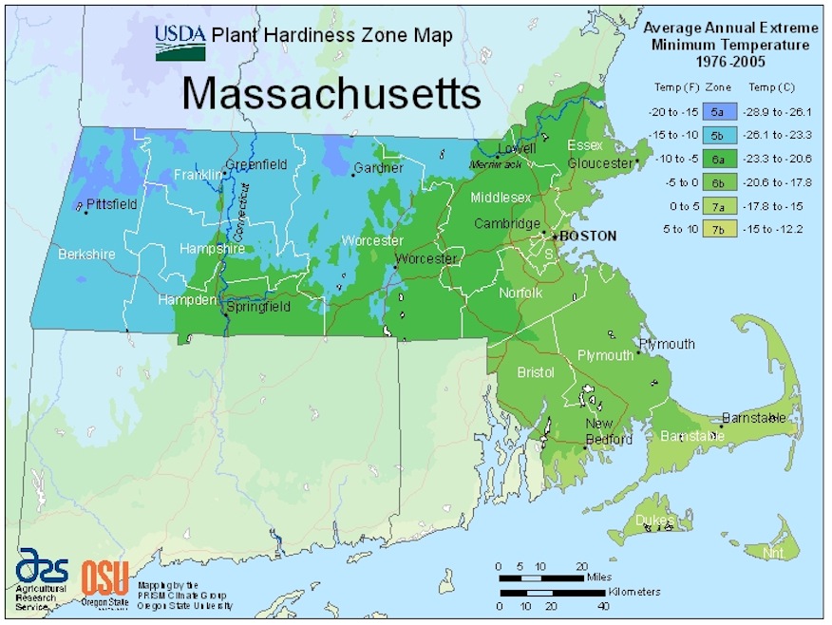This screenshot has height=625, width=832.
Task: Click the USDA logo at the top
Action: click(180, 42)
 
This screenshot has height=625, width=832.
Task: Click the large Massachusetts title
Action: click(331, 93)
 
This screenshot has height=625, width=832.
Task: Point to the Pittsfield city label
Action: click(111, 204)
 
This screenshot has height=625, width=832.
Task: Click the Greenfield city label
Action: click(256, 164)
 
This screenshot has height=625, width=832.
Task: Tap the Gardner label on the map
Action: click(378, 168)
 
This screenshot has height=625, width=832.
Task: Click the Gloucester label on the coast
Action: click(600, 162)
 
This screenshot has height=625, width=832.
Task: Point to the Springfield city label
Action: click(257, 307)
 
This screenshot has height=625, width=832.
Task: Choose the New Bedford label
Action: click(608, 431)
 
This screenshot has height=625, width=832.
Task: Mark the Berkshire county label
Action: click(86, 255)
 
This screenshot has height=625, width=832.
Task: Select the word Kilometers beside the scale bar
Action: click(634, 592)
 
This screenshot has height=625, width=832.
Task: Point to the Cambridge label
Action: click(508, 224)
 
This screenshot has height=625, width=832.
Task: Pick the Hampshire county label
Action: click(212, 249)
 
